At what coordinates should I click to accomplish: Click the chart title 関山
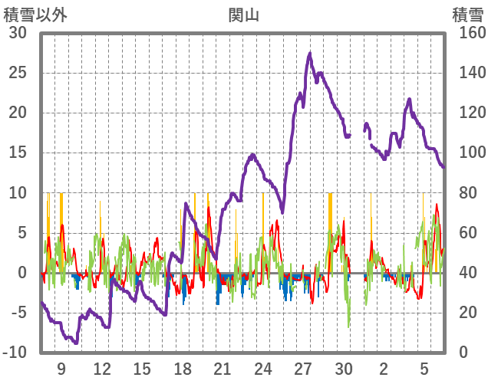click(x=243, y=14)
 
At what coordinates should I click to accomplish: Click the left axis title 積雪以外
click(x=35, y=14)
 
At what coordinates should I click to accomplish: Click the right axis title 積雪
click(x=467, y=14)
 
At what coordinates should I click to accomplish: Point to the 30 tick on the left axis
click(x=18, y=33)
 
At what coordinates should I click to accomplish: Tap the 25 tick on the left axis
click(x=18, y=73)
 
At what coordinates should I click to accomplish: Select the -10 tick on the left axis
click(x=15, y=353)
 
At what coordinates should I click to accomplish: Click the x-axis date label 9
click(x=61, y=369)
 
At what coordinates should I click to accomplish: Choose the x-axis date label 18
click(x=183, y=369)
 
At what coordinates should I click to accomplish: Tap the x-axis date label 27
click(x=304, y=369)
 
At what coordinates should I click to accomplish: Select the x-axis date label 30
click(x=344, y=369)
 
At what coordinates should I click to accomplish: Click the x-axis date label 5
click(x=424, y=369)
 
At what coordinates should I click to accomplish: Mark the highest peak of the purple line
click(x=310, y=53)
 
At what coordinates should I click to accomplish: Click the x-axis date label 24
click(x=263, y=369)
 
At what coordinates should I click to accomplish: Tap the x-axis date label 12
click(x=102, y=369)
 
